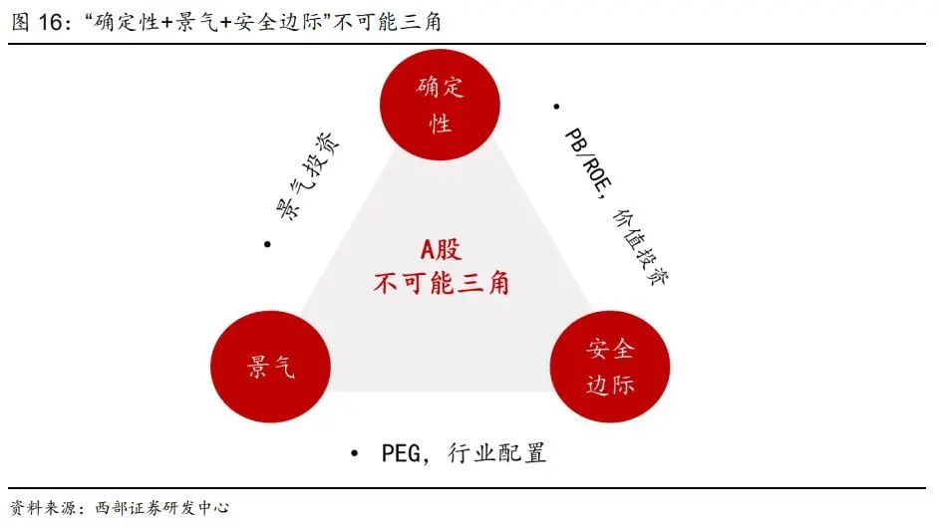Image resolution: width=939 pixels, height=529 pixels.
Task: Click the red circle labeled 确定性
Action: pos(441,105)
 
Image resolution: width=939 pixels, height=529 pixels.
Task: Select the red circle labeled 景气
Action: pos(271,367)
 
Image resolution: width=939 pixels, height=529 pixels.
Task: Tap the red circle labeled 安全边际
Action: pos(610,367)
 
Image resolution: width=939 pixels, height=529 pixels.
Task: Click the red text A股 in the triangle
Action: pos(441,249)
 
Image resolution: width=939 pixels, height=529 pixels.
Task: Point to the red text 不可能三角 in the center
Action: pos(441,283)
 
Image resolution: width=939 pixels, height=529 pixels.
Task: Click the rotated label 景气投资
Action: pos(307,176)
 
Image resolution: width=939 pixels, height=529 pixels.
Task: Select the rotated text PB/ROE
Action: pos(588,160)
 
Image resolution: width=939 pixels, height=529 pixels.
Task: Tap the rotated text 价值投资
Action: pos(641,246)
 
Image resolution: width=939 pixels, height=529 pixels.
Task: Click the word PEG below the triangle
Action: pos(401,453)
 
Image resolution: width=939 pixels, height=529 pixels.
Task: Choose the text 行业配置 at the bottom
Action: pos(497,453)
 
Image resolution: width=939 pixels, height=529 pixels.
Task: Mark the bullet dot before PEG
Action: pos(354,453)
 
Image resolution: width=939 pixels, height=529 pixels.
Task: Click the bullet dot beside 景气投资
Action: pos(267,244)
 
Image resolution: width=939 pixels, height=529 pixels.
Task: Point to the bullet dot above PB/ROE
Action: pos(556,108)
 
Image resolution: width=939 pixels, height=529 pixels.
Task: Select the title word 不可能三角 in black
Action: pos(388,22)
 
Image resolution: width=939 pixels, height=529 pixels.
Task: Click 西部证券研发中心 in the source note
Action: pos(162,508)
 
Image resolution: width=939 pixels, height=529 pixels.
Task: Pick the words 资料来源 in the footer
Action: pos(43,508)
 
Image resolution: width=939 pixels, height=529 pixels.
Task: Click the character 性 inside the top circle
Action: pos(441,124)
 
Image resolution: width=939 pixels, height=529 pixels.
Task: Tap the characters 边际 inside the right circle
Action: pos(610,385)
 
